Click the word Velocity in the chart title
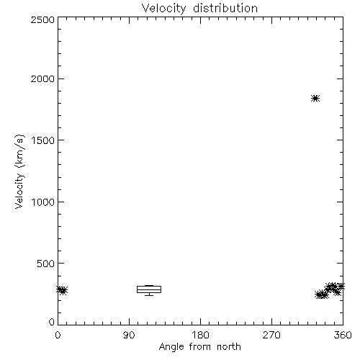[x=164, y=9]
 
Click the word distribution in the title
[x=225, y=8]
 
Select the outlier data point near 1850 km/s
[x=315, y=98]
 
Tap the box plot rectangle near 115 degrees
[x=149, y=289]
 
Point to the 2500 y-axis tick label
[x=42, y=19]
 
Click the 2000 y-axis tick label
[x=42, y=78]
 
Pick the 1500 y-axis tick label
[x=43, y=140]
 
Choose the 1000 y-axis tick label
[x=43, y=202]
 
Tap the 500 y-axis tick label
[x=46, y=264]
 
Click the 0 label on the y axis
[x=52, y=322]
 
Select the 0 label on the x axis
[x=58, y=335]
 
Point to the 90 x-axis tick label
[x=129, y=335]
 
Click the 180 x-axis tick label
[x=200, y=335]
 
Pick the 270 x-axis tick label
[x=271, y=335]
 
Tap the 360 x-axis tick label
[x=343, y=335]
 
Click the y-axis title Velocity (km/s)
[x=19, y=171]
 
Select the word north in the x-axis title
[x=229, y=347]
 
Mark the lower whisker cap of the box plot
[x=149, y=295]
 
